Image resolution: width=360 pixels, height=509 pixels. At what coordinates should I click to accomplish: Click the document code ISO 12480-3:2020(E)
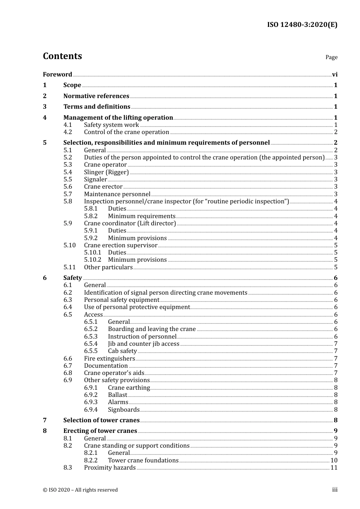tap(302, 25)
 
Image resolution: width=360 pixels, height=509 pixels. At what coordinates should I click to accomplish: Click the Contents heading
tap(62, 56)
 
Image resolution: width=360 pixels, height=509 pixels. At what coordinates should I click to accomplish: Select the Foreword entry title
tap(57, 75)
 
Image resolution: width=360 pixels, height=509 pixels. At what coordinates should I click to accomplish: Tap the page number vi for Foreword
tap(335, 75)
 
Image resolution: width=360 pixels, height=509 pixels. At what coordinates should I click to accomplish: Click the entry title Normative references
tap(96, 96)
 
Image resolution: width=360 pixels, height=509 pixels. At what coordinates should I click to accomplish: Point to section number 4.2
tap(67, 132)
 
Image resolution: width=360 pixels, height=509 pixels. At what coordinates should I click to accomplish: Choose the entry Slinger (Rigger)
tap(106, 172)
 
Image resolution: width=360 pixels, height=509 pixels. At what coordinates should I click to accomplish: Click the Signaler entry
tap(95, 180)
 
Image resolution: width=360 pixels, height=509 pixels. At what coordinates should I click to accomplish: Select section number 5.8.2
tap(91, 216)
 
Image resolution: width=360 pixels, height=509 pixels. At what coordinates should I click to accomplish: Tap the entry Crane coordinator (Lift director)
tap(130, 223)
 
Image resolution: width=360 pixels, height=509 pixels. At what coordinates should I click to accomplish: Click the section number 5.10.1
tap(92, 253)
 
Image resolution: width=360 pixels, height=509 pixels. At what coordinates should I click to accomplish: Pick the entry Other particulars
tap(108, 267)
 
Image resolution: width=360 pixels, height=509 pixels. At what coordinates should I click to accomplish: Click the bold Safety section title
tap(72, 278)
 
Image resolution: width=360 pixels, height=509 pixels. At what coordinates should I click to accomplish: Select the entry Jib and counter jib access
tap(144, 344)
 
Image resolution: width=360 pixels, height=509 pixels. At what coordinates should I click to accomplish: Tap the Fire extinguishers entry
tap(110, 359)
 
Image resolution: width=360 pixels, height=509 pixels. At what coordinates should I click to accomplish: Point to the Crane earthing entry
tap(129, 388)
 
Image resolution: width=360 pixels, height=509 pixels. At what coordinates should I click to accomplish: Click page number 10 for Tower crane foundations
tap(334, 461)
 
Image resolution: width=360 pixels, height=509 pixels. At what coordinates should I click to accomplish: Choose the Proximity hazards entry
tap(110, 468)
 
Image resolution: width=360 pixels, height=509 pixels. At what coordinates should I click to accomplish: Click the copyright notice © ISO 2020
tap(80, 490)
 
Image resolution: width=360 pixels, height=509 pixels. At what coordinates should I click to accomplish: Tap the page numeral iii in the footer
tap(335, 490)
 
